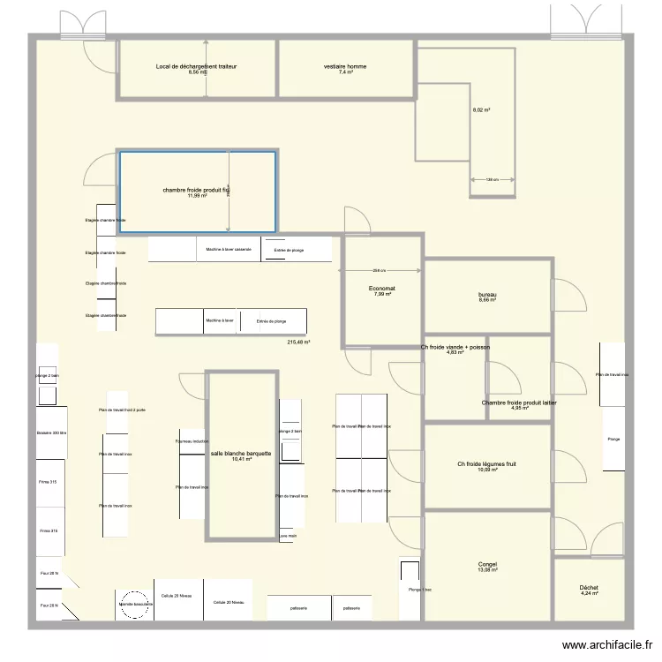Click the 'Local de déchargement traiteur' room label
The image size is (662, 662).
tap(196, 67)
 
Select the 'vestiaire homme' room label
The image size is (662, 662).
tap(345, 67)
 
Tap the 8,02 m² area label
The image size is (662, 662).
tap(481, 110)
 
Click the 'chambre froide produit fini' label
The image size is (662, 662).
tap(196, 191)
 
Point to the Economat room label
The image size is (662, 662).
tap(382, 289)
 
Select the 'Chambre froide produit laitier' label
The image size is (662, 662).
tap(519, 403)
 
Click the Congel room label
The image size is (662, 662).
tap(488, 565)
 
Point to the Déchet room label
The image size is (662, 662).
tap(589, 588)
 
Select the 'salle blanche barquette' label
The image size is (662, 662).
tap(242, 454)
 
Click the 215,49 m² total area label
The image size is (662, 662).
tap(299, 342)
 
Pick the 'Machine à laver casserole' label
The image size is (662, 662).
tap(229, 250)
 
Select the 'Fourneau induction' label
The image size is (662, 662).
tap(192, 441)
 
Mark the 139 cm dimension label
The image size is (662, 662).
tap(493, 180)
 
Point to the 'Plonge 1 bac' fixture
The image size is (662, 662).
tap(409, 590)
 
